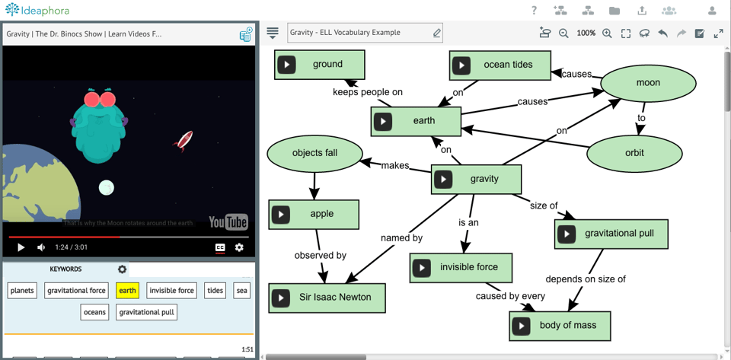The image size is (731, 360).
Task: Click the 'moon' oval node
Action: click(x=648, y=83)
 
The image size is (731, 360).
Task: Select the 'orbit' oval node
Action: click(x=634, y=153)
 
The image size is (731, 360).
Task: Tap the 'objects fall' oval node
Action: click(x=314, y=153)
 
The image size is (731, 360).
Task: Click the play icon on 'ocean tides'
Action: click(x=461, y=65)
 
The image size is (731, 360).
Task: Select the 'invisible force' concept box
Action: click(x=468, y=268)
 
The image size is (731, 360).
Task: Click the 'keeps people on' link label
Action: click(x=367, y=92)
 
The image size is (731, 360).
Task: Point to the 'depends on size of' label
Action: click(x=586, y=279)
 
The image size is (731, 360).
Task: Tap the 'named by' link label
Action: click(x=401, y=238)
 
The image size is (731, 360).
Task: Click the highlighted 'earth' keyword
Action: click(x=127, y=290)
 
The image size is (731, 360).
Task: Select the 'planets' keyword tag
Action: click(x=22, y=290)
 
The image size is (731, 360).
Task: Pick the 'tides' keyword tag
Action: click(x=215, y=290)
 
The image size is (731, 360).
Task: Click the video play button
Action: click(x=21, y=247)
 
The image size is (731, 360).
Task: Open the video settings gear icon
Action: click(x=239, y=247)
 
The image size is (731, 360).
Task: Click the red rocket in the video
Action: click(x=184, y=140)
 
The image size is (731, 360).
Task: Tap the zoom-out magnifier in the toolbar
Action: click(x=563, y=33)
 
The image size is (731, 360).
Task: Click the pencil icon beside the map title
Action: click(x=437, y=33)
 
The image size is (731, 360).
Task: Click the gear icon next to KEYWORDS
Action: click(x=122, y=269)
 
